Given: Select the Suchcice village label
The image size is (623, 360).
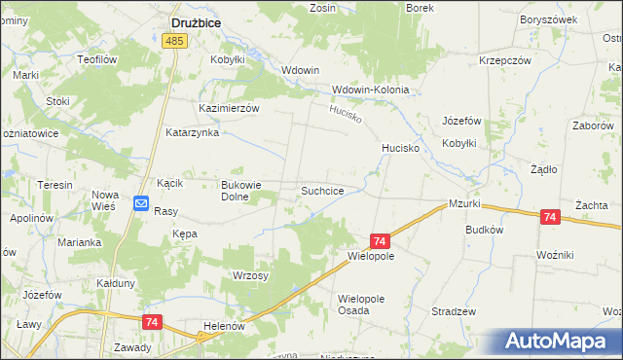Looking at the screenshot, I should click(321, 191).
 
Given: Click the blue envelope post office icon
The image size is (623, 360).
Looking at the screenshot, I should click(140, 204).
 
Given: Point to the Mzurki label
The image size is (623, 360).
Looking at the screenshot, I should click(465, 204).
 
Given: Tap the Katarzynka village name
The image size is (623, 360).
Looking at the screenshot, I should click(192, 132).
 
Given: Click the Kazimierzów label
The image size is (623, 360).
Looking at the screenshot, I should click(229, 108).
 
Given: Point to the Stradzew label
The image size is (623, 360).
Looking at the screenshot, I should click(457, 311).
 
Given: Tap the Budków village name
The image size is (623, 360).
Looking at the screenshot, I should click(484, 230).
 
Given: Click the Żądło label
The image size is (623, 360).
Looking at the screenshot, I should click(542, 168).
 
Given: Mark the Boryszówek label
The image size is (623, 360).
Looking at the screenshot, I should click(543, 19).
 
